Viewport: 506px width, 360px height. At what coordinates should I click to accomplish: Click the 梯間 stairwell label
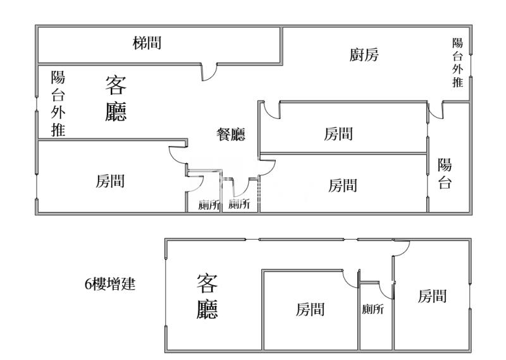[147, 43]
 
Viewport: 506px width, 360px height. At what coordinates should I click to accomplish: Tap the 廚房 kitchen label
[364, 55]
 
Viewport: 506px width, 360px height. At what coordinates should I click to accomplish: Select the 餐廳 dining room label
[231, 134]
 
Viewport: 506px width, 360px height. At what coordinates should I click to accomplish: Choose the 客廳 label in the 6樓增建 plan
[207, 295]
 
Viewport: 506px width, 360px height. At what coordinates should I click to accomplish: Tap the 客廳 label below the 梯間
[116, 98]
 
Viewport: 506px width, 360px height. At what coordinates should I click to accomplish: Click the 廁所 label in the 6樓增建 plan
[373, 309]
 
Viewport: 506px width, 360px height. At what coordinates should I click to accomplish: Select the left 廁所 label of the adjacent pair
[208, 204]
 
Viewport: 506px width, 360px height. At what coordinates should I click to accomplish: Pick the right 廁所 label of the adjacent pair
[239, 204]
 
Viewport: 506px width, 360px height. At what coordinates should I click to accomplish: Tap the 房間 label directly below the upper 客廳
[110, 182]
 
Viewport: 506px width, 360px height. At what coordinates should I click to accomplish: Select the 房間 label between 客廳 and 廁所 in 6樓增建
[311, 309]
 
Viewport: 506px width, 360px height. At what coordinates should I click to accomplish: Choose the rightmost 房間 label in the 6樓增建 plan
[433, 295]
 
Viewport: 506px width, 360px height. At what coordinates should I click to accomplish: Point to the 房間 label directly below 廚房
[338, 133]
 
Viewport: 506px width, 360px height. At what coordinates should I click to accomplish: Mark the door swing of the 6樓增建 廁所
[386, 292]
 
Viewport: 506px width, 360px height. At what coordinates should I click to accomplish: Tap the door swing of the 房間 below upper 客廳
[176, 155]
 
